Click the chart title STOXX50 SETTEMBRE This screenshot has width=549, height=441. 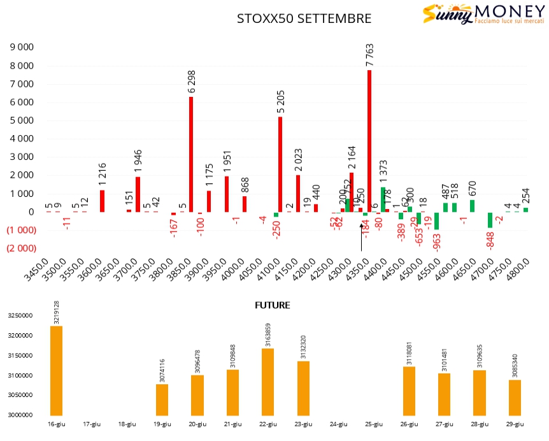[304, 18]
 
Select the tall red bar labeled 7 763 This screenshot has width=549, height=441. [369, 141]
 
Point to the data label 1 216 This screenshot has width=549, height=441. [103, 174]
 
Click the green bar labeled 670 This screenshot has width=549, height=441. [472, 206]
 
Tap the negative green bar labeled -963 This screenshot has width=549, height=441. [436, 220]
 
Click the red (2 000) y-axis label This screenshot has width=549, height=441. [20, 249]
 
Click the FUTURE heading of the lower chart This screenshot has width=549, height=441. [273, 305]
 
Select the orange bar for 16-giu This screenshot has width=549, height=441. [57, 370]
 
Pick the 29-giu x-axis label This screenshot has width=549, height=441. [515, 424]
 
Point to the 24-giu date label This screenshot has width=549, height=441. [338, 424]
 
